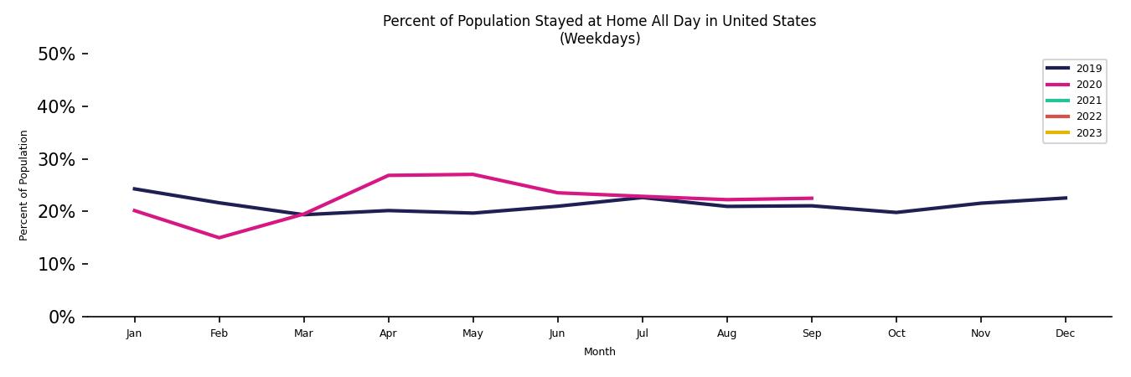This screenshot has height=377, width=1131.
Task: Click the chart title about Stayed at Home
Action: [599, 21]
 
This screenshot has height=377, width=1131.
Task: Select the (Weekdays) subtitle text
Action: [599, 39]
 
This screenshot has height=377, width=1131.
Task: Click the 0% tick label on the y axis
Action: [61, 317]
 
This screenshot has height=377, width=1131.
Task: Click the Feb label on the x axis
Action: [219, 333]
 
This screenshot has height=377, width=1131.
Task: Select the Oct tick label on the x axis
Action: [896, 333]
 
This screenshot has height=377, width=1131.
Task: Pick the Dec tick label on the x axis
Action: [1065, 333]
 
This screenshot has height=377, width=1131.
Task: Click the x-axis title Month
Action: [599, 352]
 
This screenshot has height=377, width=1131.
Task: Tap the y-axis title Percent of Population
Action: [24, 185]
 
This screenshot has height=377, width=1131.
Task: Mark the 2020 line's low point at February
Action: [219, 238]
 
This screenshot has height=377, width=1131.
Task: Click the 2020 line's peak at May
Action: [473, 174]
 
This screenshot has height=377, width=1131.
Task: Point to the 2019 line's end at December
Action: [1065, 198]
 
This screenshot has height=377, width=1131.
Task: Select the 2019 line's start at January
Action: [134, 188]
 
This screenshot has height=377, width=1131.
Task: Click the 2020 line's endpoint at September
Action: [811, 199]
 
